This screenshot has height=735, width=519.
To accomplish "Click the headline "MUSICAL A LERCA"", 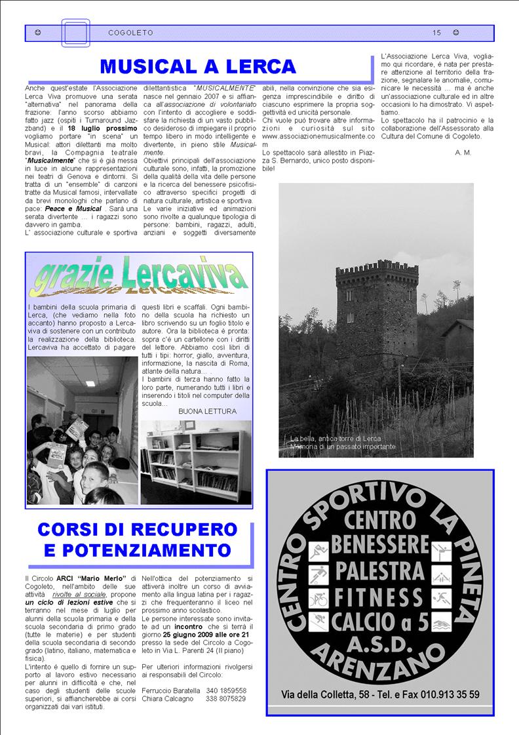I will click(x=198, y=66).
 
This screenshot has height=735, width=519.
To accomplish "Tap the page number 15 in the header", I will click(x=437, y=33).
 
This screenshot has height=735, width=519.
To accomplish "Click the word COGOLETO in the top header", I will click(x=131, y=33).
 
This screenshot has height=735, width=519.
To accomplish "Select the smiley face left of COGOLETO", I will click(x=38, y=33).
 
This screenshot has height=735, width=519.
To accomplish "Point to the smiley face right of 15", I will click(x=456, y=33).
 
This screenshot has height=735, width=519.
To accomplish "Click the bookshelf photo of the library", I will click(x=196, y=463).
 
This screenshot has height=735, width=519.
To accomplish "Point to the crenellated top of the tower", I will click(x=377, y=268).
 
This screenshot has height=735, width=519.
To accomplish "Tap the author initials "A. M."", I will click(x=462, y=152).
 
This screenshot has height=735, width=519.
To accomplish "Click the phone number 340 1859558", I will click(x=226, y=690).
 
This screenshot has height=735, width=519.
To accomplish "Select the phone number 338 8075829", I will click(x=226, y=698).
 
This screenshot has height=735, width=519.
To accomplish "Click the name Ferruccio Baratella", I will click(x=170, y=690).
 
